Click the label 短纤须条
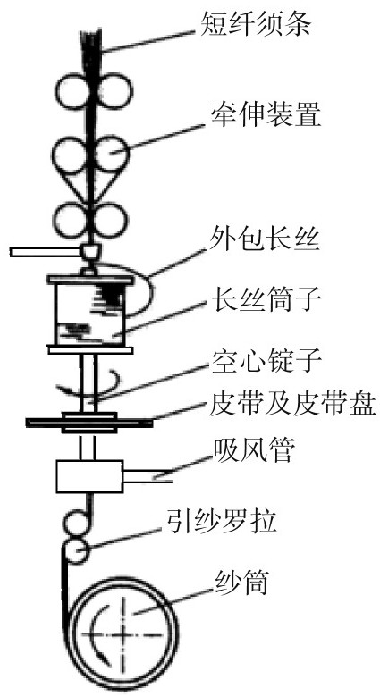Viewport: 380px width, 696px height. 255,24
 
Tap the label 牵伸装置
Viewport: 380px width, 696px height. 266,114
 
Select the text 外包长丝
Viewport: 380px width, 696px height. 264,243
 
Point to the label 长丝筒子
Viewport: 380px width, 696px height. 266,300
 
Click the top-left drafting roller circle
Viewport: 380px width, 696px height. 72,90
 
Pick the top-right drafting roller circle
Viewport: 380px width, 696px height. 114,90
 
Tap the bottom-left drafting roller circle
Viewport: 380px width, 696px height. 72,220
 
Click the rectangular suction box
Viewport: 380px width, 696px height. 89,476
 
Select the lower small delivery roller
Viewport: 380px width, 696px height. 76,550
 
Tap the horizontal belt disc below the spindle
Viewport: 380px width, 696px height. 89,423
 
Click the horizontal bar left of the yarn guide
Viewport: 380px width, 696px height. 46,252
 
